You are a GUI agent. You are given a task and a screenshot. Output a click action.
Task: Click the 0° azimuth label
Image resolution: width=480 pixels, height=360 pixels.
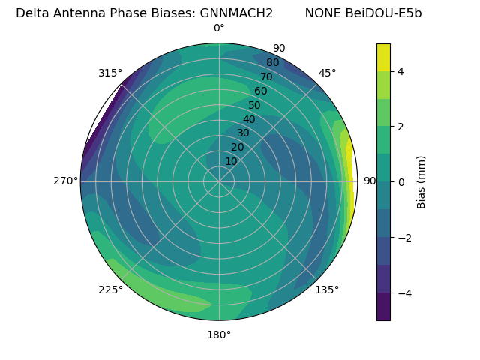[219, 28]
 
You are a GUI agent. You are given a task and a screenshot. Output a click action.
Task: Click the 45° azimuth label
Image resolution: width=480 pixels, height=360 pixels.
[327, 73]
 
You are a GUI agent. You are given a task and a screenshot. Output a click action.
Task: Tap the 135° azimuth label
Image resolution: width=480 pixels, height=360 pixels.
[327, 289]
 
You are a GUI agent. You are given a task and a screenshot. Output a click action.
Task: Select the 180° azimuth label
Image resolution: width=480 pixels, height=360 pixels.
[219, 334]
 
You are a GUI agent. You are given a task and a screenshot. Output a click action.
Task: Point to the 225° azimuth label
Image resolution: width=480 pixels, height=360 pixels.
[110, 289]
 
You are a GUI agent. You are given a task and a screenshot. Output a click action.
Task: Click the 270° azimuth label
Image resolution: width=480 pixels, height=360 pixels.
[65, 181]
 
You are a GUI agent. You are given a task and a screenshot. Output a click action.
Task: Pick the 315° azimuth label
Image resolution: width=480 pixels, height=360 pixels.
[110, 73]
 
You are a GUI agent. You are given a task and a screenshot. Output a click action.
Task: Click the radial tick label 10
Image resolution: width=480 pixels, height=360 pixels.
[231, 161]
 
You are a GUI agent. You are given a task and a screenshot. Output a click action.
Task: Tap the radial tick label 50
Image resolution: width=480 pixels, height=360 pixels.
[254, 106]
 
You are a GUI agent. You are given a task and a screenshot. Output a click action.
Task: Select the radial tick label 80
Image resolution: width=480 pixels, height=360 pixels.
[272, 63]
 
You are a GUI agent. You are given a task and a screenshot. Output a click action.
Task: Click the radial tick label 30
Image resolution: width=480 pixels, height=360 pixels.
[243, 133]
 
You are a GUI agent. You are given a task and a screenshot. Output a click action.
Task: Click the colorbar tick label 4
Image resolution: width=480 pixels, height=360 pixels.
[400, 71]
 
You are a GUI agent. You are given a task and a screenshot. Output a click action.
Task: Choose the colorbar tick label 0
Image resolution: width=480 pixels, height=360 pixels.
[400, 182]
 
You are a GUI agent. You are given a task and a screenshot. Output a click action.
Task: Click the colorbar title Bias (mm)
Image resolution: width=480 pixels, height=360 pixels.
[421, 181]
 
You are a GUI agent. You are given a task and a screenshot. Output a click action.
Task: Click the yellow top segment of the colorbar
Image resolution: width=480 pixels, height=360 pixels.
[383, 57]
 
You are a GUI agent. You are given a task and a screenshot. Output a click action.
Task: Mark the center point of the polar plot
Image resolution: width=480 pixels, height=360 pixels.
[219, 181]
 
